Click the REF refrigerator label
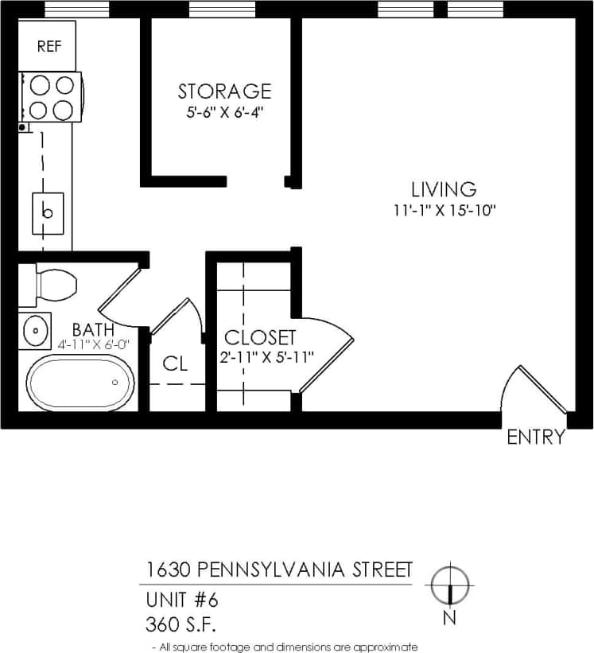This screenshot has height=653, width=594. [x=48, y=46]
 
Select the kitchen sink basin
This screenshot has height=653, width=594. [x=48, y=212]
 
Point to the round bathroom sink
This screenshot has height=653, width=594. [x=35, y=330]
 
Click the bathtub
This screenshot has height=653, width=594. [x=80, y=383]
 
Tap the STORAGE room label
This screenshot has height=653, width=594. [x=224, y=91]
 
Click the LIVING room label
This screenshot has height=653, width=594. [x=444, y=189]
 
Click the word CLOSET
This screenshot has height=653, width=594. [x=260, y=337]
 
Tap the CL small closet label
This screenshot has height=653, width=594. [x=175, y=363]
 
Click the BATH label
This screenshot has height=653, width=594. [x=92, y=329]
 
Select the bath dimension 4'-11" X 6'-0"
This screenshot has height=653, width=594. [x=92, y=344]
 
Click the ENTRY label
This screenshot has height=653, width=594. [x=536, y=437]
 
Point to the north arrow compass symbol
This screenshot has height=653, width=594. [x=450, y=589]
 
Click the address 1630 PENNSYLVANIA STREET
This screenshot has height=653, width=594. [x=279, y=569]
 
